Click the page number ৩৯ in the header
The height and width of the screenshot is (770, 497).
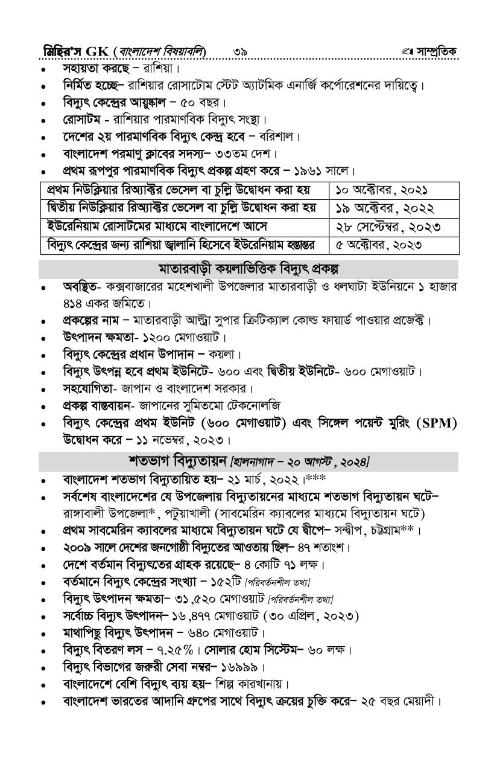pos(239,51)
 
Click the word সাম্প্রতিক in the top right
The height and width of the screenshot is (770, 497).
pos(436,51)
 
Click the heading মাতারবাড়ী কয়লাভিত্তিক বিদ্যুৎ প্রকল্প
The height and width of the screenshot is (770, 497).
pos(248,268)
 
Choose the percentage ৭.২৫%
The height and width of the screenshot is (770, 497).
pos(172,650)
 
